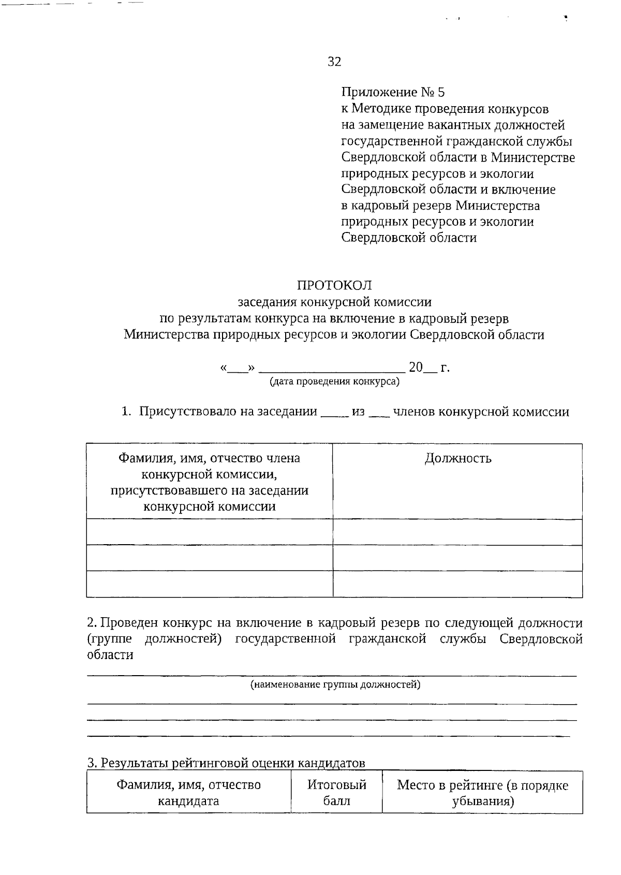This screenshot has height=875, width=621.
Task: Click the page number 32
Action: pyautogui.click(x=334, y=62)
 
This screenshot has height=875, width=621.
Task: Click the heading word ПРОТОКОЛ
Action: pyautogui.click(x=334, y=285)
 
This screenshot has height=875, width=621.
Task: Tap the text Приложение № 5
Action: pyautogui.click(x=393, y=93)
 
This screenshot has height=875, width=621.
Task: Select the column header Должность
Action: pyautogui.click(x=458, y=458)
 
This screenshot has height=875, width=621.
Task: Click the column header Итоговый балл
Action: pyautogui.click(x=336, y=793)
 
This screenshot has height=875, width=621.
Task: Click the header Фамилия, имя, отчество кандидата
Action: pyautogui.click(x=188, y=793)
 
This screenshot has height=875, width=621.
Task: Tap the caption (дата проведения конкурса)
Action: pyautogui.click(x=334, y=382)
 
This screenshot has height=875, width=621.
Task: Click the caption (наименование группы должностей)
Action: pyautogui.click(x=335, y=685)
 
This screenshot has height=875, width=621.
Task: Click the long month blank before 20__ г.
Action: pyautogui.click(x=331, y=369)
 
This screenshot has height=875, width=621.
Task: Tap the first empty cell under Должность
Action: pyautogui.click(x=457, y=532)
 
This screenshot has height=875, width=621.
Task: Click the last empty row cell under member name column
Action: pyautogui.click(x=209, y=584)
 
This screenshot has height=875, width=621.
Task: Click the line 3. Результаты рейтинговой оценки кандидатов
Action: pyautogui.click(x=226, y=763)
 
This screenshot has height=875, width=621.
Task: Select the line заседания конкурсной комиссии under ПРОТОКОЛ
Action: pyautogui.click(x=334, y=302)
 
